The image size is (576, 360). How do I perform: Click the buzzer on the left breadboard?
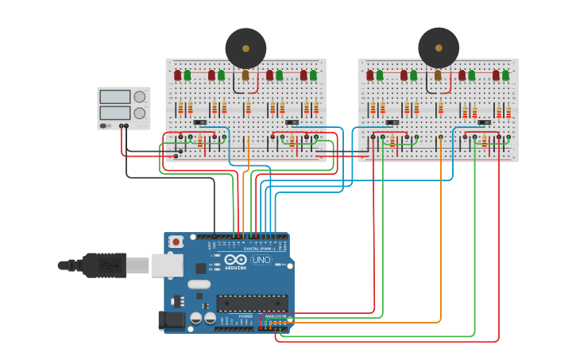(x=245, y=48)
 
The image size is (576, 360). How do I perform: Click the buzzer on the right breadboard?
(x=439, y=48)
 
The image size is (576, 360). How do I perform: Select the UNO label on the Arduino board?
(x=261, y=260)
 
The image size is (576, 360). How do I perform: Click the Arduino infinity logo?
(x=235, y=260)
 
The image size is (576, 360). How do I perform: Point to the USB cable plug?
(x=103, y=265)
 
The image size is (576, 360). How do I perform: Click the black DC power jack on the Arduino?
(x=171, y=320)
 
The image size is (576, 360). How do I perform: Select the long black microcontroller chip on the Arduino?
(x=252, y=303)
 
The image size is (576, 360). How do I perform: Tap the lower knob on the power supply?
(x=140, y=114)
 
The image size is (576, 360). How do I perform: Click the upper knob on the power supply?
(x=140, y=97)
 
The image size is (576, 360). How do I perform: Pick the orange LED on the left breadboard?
(x=245, y=75)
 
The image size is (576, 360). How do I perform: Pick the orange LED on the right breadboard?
(x=438, y=75)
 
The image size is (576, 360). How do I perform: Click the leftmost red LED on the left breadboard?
(x=177, y=75)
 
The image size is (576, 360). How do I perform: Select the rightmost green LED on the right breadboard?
(x=505, y=75)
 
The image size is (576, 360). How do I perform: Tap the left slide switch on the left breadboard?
(x=200, y=122)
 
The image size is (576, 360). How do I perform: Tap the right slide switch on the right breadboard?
(x=484, y=122)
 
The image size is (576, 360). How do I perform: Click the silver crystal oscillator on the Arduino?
(x=199, y=284)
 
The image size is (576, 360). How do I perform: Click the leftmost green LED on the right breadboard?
(x=380, y=75)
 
